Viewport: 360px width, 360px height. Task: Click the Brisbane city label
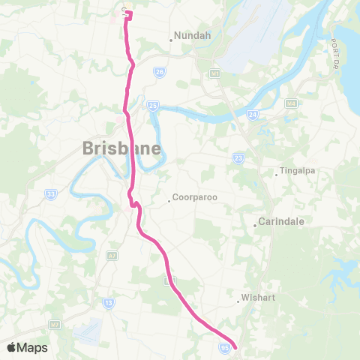point(121,148)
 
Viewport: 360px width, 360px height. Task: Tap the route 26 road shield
point(159,72)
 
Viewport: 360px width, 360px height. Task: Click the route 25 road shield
point(152,106)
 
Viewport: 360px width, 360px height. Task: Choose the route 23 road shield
point(238,157)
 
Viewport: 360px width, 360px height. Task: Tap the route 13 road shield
point(109,302)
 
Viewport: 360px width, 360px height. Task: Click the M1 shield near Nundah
point(214,74)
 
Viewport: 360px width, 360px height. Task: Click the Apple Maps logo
point(27,347)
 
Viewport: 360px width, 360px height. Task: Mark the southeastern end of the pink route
point(235,346)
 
